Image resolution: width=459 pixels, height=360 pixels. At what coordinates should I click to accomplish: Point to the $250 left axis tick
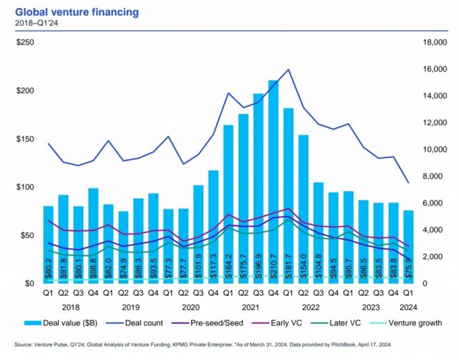(x=25, y=43)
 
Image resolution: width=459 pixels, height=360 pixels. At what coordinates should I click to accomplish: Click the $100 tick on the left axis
(x=25, y=187)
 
